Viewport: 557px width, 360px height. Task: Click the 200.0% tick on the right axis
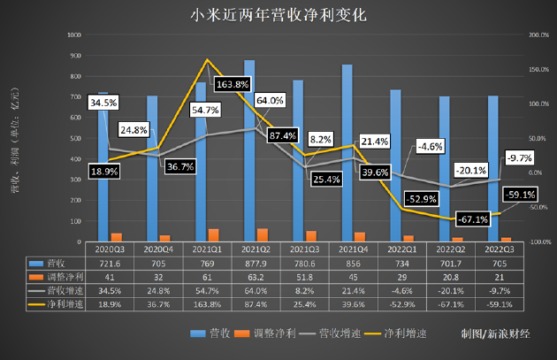tap(538, 35)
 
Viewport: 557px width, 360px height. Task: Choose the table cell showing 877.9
tap(249, 264)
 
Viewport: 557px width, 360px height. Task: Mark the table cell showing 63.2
tap(249, 276)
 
